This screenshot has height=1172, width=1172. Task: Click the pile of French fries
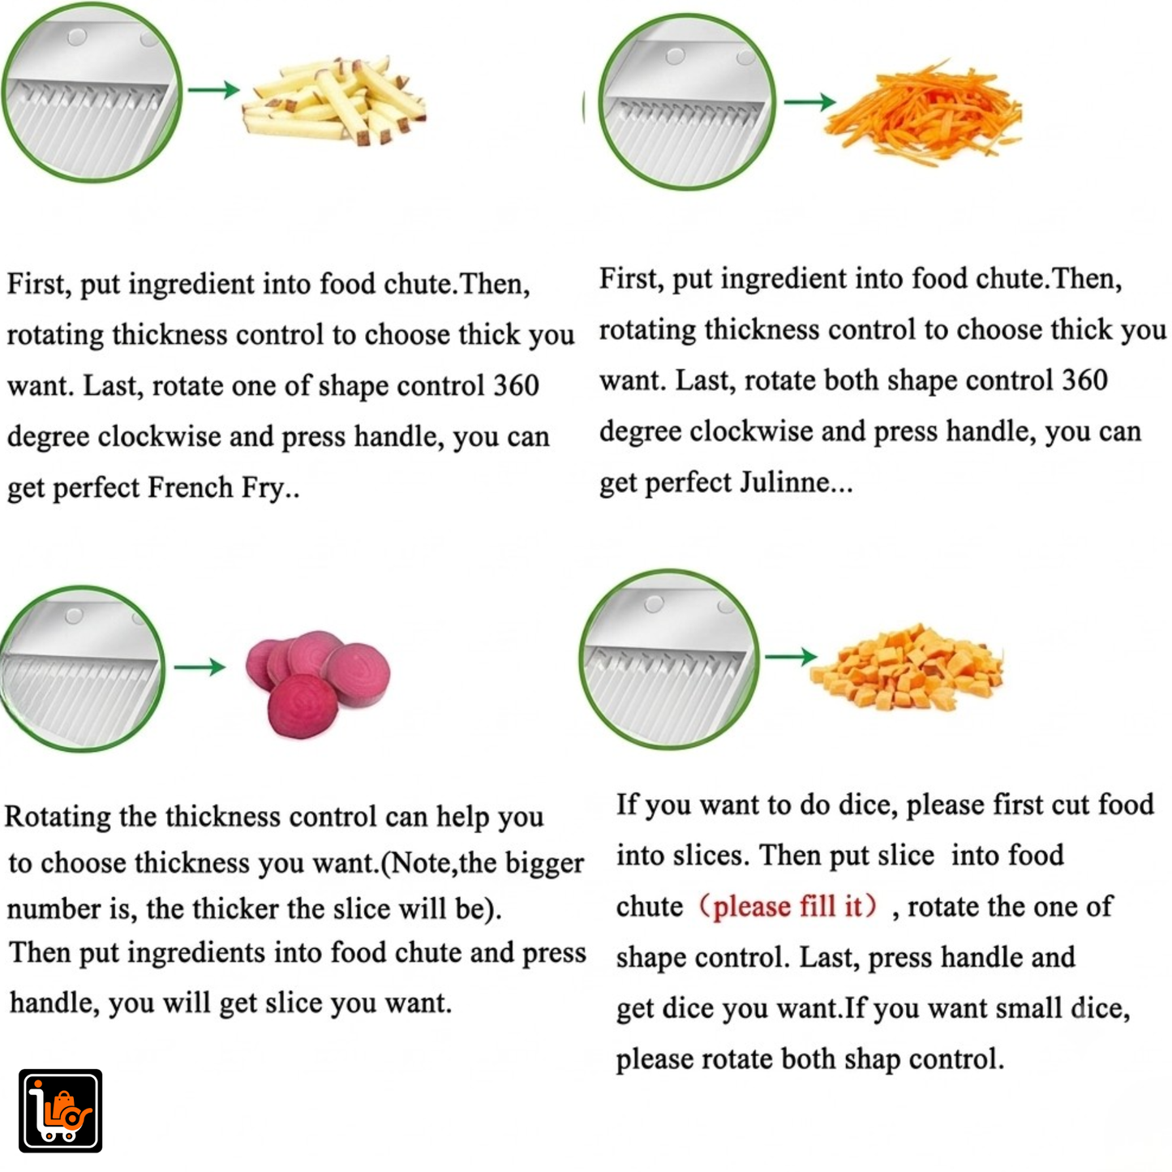pos(333,101)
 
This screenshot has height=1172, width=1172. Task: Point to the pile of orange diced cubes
pos(906,668)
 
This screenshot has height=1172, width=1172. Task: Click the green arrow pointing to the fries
pos(214,89)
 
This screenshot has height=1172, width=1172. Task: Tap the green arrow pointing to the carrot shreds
pos(809,101)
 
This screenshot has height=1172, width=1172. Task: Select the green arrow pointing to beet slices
pos(200,667)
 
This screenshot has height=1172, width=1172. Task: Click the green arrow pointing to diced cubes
pos(791,656)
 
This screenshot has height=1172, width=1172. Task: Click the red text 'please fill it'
pos(788,906)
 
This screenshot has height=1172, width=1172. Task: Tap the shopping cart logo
pos(60,1110)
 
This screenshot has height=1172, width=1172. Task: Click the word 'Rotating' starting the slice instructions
pos(58,817)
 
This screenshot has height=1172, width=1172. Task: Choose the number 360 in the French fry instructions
pos(516,385)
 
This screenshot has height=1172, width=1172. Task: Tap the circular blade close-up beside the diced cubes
pos(668,659)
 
